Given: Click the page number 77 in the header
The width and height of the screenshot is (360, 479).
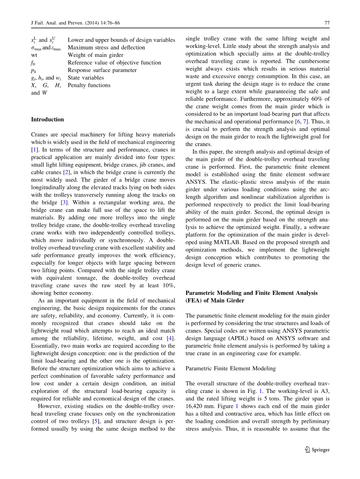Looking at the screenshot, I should [327, 23].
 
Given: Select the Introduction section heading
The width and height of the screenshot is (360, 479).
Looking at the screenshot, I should [47, 120].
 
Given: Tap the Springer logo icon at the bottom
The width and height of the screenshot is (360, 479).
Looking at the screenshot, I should [307, 449].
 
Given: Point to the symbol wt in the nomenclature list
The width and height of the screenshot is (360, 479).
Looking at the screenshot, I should [34, 55].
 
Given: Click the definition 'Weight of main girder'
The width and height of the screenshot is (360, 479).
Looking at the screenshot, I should [95, 55].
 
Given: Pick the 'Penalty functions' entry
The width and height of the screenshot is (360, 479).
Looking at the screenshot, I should [89, 85].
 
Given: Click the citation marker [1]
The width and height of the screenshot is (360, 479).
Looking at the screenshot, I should [34, 150].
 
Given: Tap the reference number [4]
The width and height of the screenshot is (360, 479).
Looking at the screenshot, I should [170, 338].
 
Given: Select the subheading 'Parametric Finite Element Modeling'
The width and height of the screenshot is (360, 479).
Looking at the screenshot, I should [230, 368].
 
